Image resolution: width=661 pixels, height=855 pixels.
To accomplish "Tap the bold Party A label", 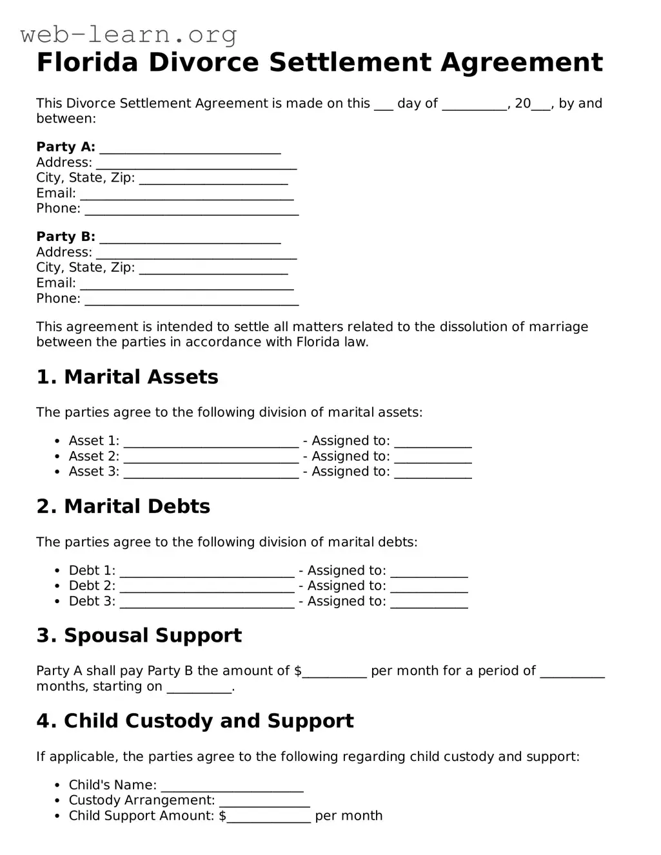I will [x=66, y=147].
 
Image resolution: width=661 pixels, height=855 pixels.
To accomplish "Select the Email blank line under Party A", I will [x=187, y=195].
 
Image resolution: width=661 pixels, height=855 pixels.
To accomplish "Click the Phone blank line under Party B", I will [x=192, y=300].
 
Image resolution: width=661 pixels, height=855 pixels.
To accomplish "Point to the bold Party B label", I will [x=66, y=236].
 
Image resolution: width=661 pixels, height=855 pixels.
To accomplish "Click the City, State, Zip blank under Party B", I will [x=213, y=269].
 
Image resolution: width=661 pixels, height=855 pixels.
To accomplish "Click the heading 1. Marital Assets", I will [x=127, y=377].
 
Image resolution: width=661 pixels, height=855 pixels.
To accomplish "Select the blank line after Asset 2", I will [x=211, y=457].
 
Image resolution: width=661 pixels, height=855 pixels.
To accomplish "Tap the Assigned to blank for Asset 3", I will [x=433, y=473].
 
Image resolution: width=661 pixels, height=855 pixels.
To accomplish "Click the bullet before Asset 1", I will [x=57, y=441].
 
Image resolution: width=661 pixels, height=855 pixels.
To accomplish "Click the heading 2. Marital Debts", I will [x=123, y=506].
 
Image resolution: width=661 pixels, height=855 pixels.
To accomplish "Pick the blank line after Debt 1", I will [x=207, y=572].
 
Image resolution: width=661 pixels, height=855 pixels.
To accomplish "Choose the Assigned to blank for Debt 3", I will [x=429, y=602].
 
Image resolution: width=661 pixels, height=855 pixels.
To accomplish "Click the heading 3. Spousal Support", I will [x=139, y=635].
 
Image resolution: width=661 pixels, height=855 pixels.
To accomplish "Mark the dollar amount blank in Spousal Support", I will [x=335, y=672].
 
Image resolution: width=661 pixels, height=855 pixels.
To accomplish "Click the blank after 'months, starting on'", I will [x=199, y=687].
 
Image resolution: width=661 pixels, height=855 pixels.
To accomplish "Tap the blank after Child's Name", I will [x=232, y=786].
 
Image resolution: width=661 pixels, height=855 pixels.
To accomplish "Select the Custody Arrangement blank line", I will [x=264, y=802].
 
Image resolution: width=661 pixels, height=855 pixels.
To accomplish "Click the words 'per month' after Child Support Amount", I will [x=349, y=816].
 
